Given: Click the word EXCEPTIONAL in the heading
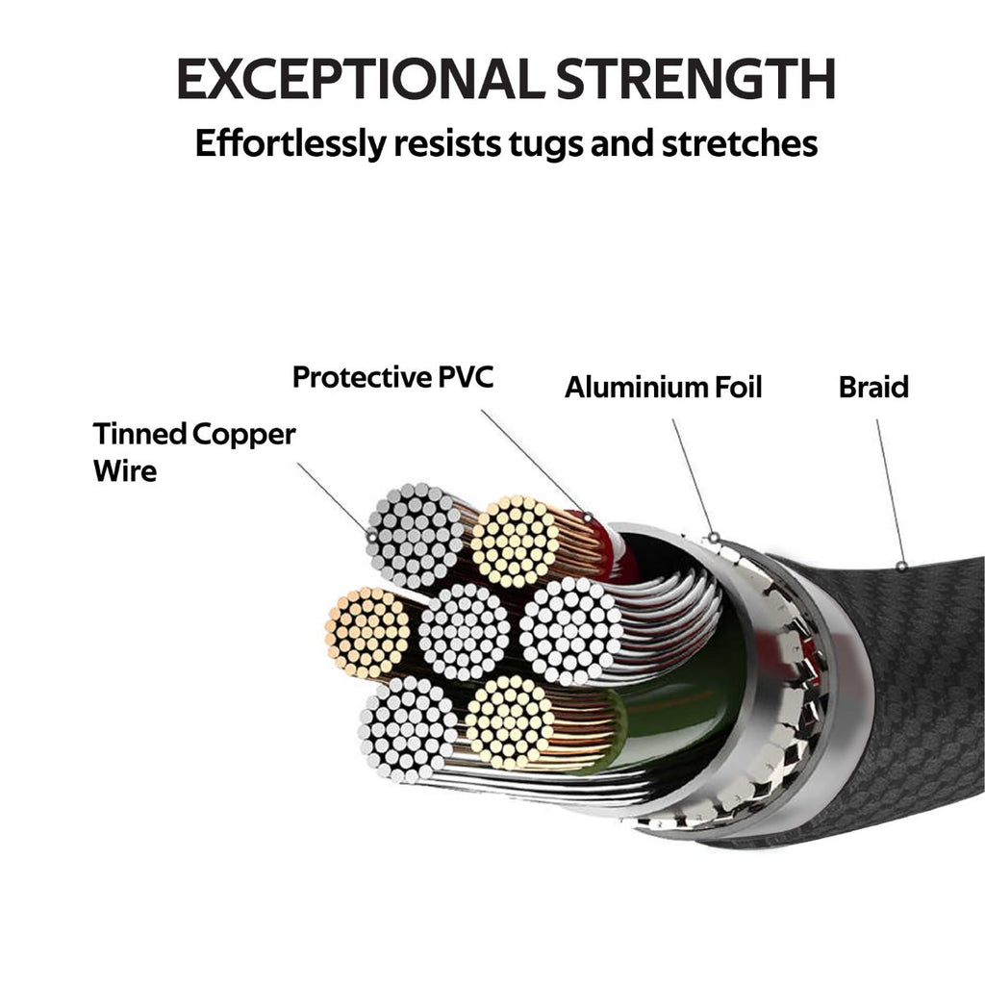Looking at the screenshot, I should click(355, 79).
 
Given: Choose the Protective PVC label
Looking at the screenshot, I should click(392, 377).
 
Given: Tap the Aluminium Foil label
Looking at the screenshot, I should click(663, 388).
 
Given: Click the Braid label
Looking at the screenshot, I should click(873, 388).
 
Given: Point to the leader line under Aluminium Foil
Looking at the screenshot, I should click(692, 476).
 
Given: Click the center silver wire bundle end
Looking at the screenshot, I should click(465, 632).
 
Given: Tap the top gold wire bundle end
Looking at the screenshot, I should click(516, 542).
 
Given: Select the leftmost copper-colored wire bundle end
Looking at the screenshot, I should click(367, 632).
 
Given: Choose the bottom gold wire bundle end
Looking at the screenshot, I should click(510, 720).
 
